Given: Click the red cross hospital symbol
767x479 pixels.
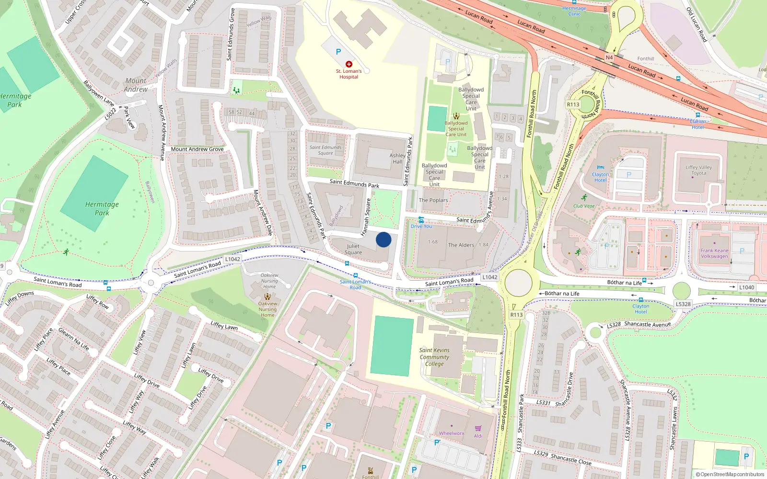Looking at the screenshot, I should [x=349, y=64].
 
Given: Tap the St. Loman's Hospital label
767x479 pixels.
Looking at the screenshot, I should [x=349, y=74].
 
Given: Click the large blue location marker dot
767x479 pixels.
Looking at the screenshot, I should [x=383, y=239].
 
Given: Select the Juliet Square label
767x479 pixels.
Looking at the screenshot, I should [x=353, y=249].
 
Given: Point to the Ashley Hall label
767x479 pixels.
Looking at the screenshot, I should [x=397, y=159].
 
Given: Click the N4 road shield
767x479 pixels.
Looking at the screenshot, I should [x=609, y=57].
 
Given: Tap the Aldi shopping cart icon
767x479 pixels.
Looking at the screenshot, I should [x=478, y=428].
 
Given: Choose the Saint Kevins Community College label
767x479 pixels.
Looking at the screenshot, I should [x=434, y=357].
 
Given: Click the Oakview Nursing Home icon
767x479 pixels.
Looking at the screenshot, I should [x=267, y=297].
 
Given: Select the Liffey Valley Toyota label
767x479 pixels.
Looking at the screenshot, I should [x=698, y=170].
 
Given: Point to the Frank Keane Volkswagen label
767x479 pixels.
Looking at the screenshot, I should [x=714, y=253].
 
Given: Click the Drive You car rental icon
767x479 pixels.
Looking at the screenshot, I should [x=421, y=220].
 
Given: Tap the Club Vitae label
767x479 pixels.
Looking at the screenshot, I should [x=584, y=206].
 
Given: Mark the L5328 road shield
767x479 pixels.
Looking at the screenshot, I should [x=683, y=304].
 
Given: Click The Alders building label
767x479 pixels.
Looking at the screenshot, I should [x=461, y=245].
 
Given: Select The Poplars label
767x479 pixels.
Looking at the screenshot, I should [x=433, y=200].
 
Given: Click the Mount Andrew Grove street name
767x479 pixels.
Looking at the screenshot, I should [x=197, y=149].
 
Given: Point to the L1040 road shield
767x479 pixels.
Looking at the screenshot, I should [x=746, y=287].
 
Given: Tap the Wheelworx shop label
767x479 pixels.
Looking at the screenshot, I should [x=452, y=433].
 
